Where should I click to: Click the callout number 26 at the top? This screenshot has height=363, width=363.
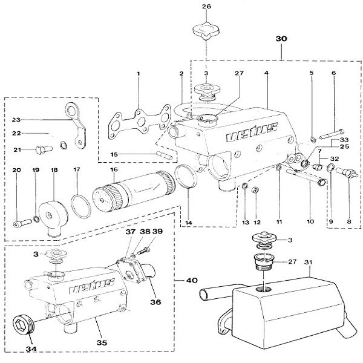[x=206, y=7]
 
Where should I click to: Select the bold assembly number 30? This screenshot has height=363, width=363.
[x=281, y=38]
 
